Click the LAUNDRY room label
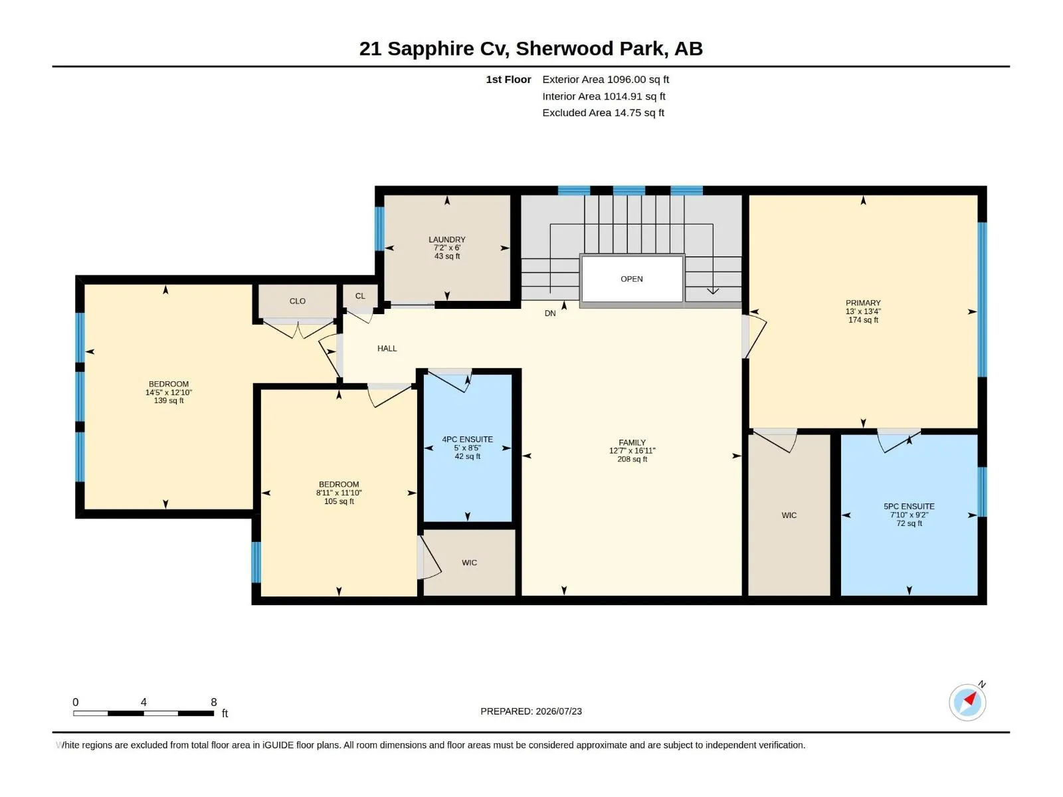click(446, 240)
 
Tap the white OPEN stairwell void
click(632, 279)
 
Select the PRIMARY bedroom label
click(862, 303)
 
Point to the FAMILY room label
click(632, 442)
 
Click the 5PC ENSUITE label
click(908, 506)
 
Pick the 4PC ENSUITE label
click(467, 440)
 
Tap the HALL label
click(387, 349)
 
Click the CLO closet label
click(298, 301)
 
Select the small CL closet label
click(360, 296)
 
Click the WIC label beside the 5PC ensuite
click(789, 515)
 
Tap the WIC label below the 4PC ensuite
click(469, 563)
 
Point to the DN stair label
click(549, 313)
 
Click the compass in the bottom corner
click(967, 701)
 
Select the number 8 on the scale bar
click(213, 701)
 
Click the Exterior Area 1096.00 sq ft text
click(605, 79)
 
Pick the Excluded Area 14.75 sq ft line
click(603, 113)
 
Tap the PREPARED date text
click(531, 711)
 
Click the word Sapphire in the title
click(431, 49)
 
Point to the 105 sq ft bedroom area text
click(339, 501)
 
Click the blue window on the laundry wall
click(379, 228)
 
